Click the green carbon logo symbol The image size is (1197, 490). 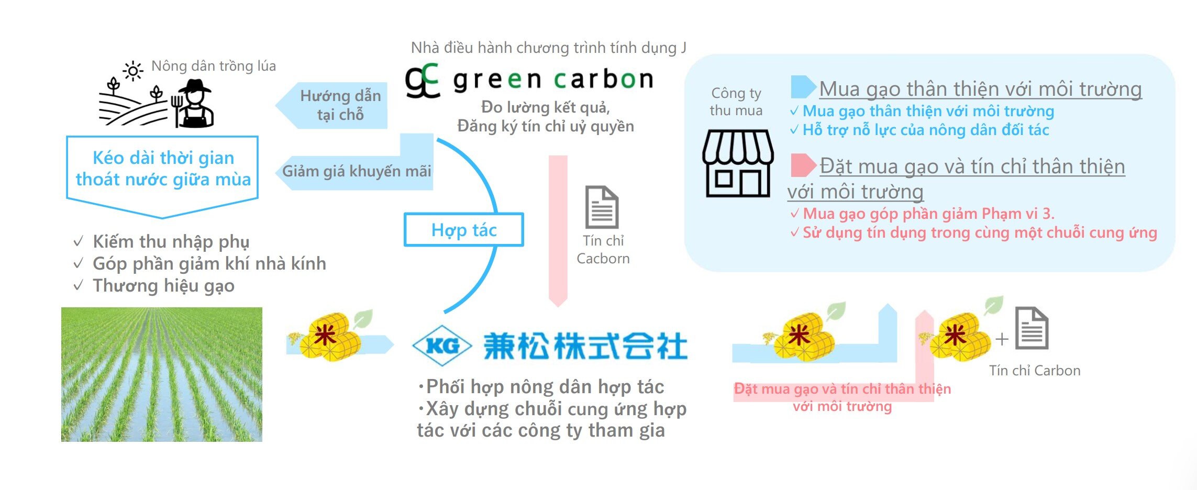422,81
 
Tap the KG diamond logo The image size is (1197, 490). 442,345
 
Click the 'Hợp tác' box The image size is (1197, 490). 464,229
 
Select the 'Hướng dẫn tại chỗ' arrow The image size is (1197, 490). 331,105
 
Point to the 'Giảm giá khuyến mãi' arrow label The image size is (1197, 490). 357,171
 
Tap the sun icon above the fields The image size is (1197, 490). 133,71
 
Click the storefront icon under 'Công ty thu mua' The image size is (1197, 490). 737,163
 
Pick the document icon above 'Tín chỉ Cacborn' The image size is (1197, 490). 602,207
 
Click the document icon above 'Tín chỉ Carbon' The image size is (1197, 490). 1032,328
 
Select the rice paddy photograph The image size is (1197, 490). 162,374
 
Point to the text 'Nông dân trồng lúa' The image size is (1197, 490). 214,66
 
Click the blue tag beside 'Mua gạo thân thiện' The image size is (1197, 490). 803,87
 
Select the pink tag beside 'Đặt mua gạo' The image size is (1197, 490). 803,165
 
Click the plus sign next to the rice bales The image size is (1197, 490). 1002,339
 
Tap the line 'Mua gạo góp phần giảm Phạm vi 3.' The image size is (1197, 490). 923,214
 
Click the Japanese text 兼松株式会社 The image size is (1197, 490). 585,346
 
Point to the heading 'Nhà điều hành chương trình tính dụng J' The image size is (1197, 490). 548,48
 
